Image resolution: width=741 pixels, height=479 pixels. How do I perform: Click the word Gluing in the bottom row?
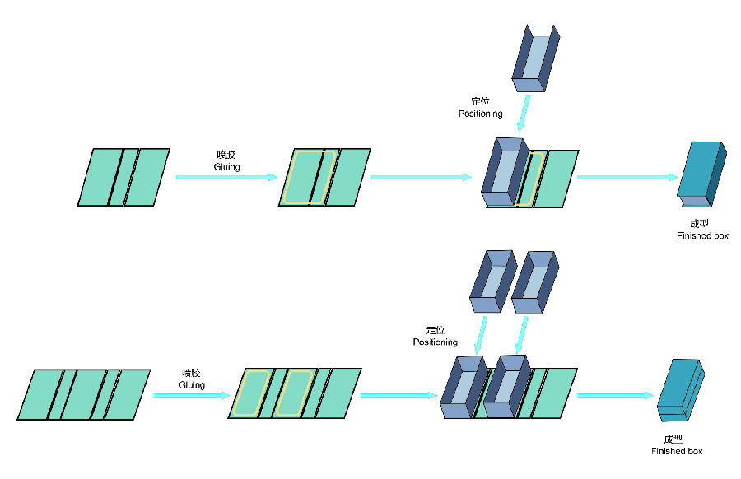click(192, 384)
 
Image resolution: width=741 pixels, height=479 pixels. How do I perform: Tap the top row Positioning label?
click(480, 113)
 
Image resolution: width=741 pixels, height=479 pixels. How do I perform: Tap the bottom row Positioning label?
click(435, 342)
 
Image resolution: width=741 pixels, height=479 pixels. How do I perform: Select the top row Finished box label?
click(702, 235)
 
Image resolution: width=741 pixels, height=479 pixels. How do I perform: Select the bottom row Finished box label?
click(677, 451)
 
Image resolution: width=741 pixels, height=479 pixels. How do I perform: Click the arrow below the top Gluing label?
click(226, 176)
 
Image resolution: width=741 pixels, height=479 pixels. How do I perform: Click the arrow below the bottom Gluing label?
click(192, 395)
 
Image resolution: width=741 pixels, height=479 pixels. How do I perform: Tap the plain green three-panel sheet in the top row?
click(123, 176)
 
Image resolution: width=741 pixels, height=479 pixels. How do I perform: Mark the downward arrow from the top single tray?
click(524, 114)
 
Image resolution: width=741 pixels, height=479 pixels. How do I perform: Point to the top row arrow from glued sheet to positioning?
click(425, 176)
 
